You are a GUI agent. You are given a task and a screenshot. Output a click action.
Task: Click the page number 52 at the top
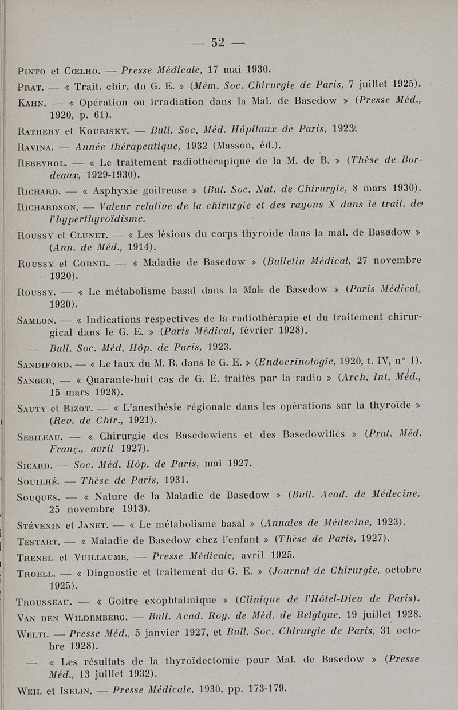[218, 42]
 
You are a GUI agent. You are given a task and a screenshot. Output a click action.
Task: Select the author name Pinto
[33, 72]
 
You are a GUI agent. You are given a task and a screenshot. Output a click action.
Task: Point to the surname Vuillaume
[102, 555]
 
